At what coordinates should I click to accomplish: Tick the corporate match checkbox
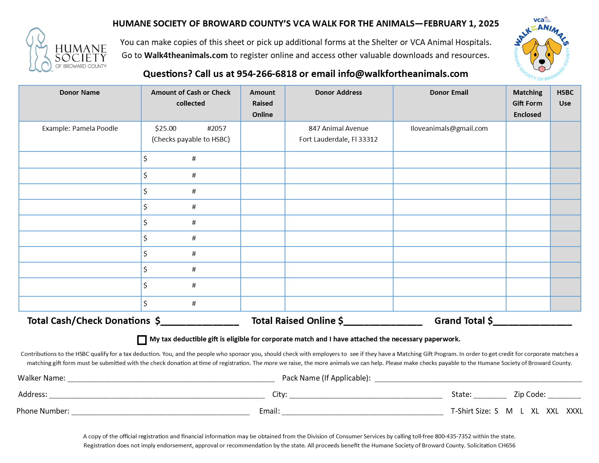(142, 340)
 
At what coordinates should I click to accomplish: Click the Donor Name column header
(80, 93)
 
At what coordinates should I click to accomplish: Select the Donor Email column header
(449, 93)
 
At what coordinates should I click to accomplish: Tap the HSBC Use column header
(565, 98)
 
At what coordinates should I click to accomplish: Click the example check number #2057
(217, 129)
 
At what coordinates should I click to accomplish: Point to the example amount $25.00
(166, 129)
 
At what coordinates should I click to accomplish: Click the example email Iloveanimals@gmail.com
(449, 129)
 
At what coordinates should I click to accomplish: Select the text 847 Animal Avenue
(338, 129)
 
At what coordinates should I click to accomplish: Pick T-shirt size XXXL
(574, 411)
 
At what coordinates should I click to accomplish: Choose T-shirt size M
(509, 411)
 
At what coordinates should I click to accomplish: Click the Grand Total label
(463, 321)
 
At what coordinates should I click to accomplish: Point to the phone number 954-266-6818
(266, 74)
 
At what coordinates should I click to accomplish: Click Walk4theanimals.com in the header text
(186, 56)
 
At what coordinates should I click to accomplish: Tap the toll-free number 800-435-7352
(453, 436)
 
